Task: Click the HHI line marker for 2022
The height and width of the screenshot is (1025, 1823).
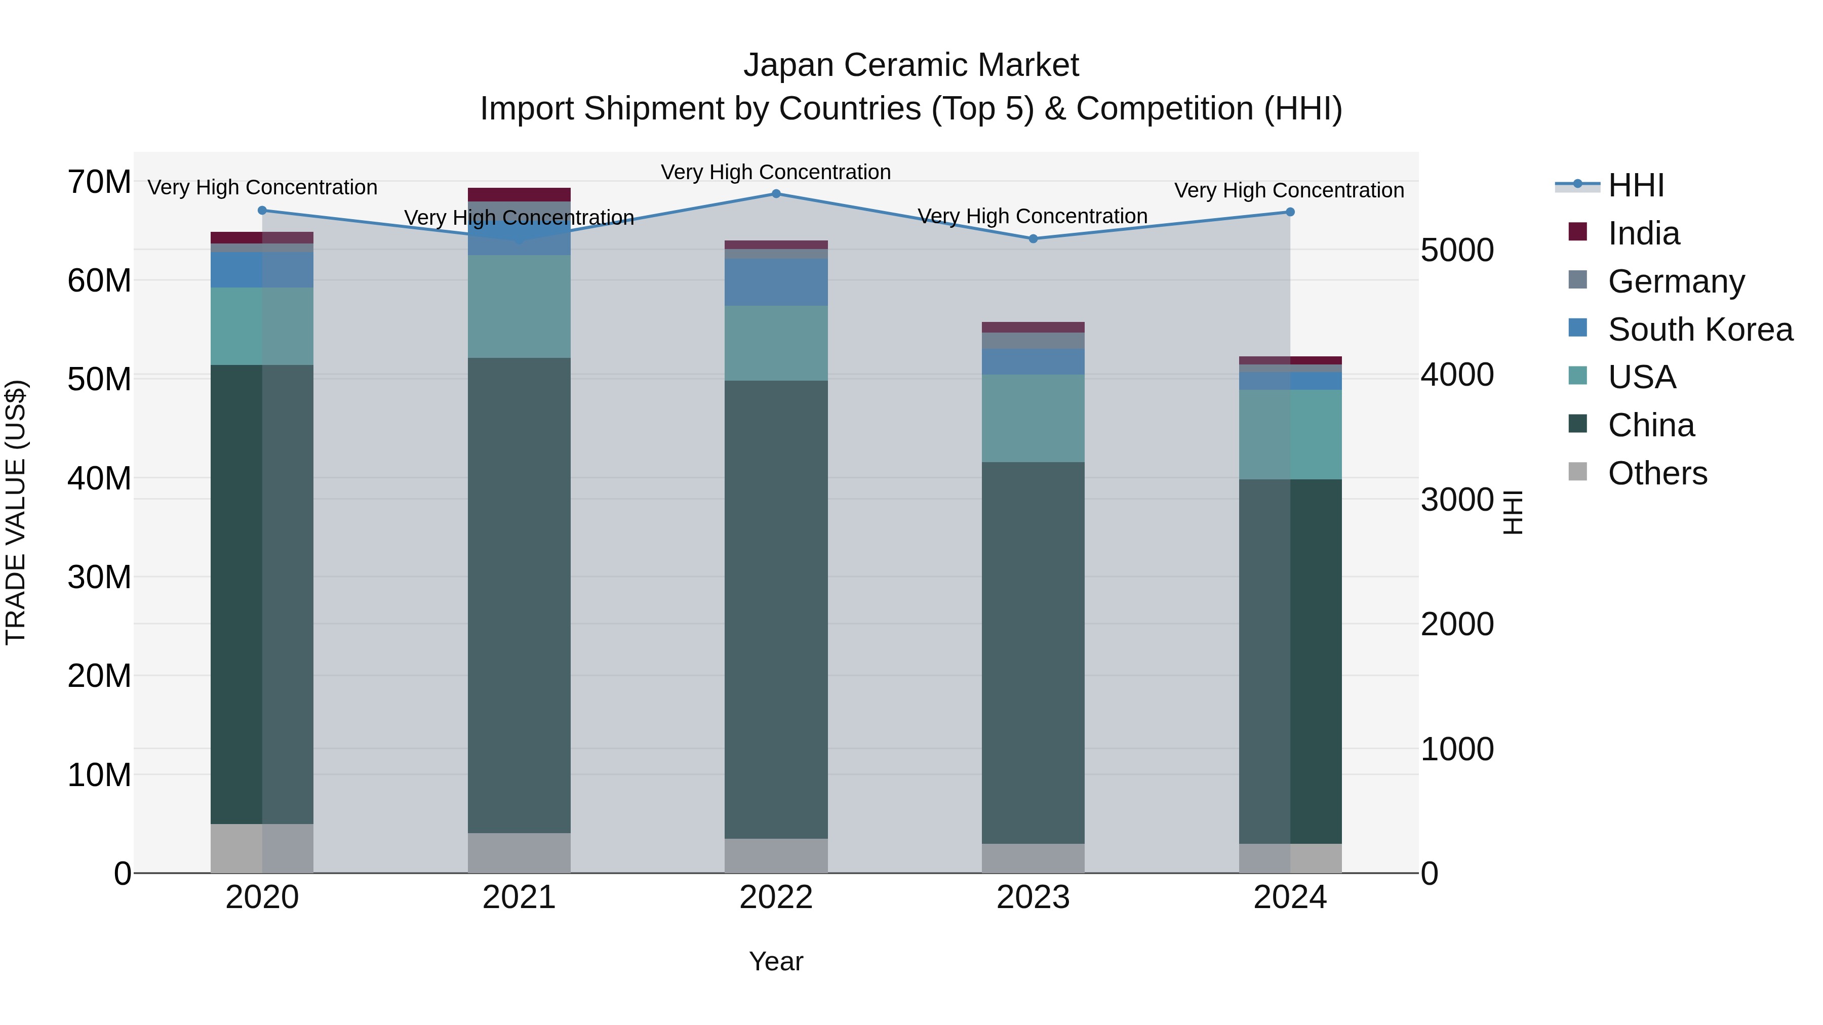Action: click(776, 194)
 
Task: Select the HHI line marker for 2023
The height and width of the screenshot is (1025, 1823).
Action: click(1033, 239)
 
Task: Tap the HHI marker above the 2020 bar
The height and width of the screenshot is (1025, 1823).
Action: click(262, 210)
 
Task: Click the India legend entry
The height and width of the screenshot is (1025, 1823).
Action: click(1642, 233)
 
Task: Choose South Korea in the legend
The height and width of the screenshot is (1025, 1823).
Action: click(1698, 330)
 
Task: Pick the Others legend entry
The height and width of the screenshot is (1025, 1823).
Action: click(1656, 473)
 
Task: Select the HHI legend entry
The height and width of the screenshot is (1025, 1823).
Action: click(1635, 185)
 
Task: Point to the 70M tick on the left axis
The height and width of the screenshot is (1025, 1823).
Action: click(99, 183)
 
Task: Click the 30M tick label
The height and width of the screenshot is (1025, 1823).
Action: click(99, 577)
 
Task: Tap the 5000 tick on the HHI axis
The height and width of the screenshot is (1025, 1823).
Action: click(1457, 251)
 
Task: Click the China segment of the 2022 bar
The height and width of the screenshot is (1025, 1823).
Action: click(776, 608)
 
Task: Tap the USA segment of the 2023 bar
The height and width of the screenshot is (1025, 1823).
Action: click(1033, 418)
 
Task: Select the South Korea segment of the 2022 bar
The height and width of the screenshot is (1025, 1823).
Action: click(776, 282)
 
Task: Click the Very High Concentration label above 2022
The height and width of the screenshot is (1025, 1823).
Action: click(776, 172)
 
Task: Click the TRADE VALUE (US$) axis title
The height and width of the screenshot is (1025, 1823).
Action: click(16, 512)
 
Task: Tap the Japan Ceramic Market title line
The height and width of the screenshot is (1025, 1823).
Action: click(911, 65)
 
